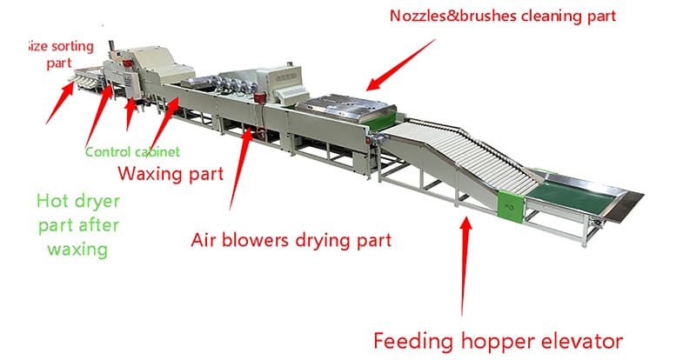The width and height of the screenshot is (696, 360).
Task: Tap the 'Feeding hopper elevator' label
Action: pyautogui.click(x=498, y=339)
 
